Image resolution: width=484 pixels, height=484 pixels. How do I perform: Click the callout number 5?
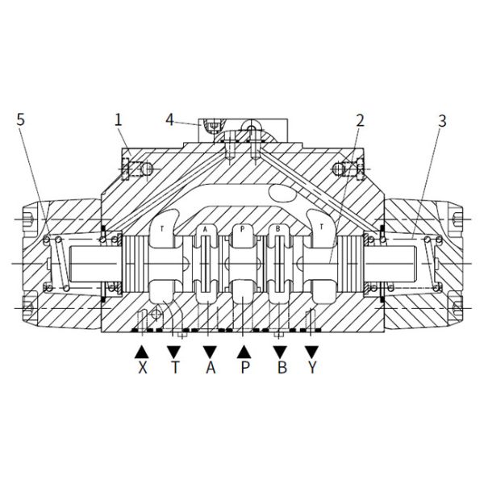pos(20,119)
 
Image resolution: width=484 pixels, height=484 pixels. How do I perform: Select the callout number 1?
pos(119,120)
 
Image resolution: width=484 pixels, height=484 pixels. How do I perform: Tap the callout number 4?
pos(169,119)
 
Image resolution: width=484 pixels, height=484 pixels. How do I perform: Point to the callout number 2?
pos(361,121)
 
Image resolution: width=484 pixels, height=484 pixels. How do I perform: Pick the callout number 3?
pos(442,121)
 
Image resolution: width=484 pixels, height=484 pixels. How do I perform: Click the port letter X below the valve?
pos(143,367)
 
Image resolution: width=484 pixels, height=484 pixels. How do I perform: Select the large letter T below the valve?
pos(175,367)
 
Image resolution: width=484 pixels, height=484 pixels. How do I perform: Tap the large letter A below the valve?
pos(211,367)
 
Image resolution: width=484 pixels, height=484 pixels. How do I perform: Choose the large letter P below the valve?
pos(244,367)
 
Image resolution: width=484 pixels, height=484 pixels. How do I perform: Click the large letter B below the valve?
pos(282,367)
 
